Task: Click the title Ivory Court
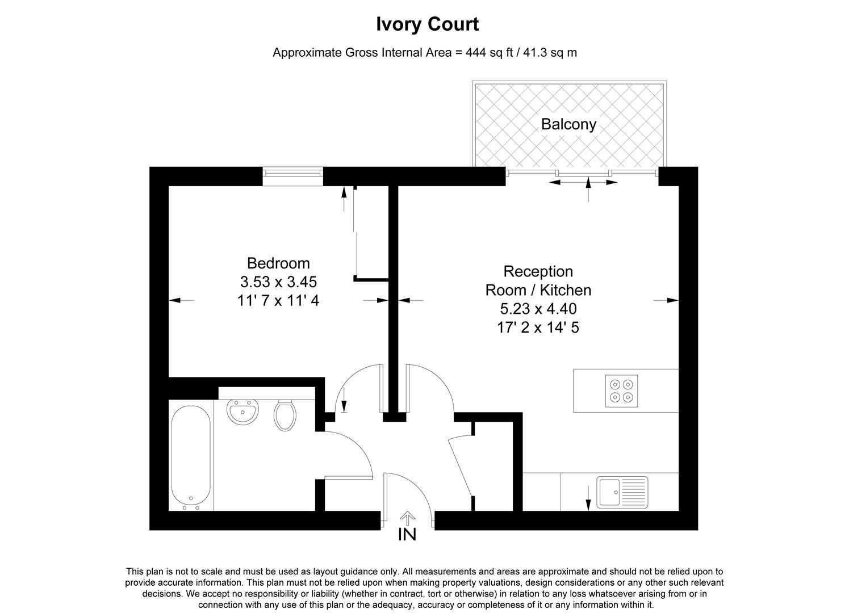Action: tap(427, 24)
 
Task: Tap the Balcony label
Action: tap(568, 124)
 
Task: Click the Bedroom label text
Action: tap(278, 263)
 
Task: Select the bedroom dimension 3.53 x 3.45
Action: tap(278, 282)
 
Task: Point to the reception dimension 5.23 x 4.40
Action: tap(538, 309)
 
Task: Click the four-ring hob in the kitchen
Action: tap(621, 391)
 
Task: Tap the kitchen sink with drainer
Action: tap(622, 492)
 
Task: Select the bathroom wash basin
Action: tap(242, 411)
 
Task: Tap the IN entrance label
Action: tap(407, 535)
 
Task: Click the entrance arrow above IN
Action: tap(407, 517)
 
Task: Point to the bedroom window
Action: tap(292, 176)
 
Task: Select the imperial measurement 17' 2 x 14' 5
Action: tap(538, 328)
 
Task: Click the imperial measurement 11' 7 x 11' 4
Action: tap(278, 300)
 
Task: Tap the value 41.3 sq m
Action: tap(548, 53)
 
